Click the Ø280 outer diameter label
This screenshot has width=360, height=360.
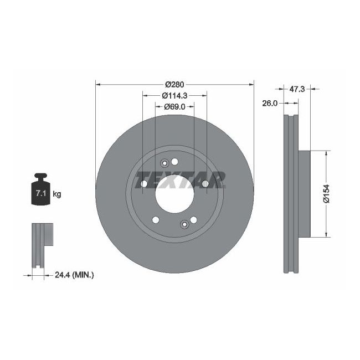174,84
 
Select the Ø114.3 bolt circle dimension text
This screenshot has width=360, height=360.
174,95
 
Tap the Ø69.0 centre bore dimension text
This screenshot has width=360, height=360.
174,106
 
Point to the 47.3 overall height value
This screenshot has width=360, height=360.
297,88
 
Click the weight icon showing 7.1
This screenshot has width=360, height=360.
40,191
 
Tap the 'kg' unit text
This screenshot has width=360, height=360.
56,194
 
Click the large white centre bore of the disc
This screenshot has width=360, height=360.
174,195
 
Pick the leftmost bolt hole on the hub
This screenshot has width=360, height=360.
143,184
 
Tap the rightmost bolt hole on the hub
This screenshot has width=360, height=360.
205,184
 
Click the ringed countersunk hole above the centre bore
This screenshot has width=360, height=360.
164,163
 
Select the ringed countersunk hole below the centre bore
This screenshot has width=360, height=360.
184,224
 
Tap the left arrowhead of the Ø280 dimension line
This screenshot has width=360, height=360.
99,84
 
